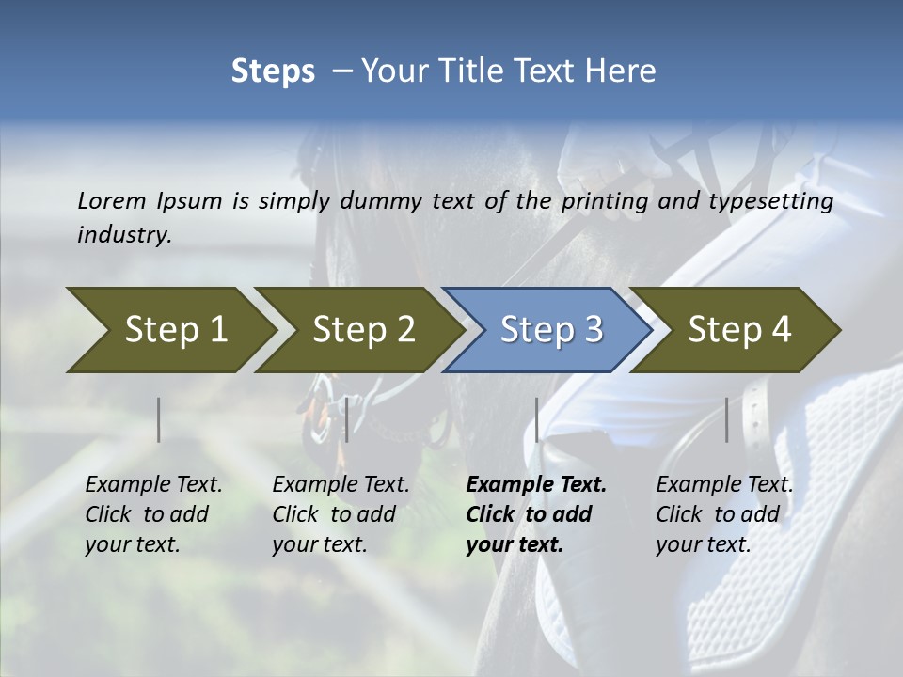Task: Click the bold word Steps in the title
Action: (x=273, y=71)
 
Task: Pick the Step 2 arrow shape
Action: (x=362, y=329)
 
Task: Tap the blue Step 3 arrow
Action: (x=550, y=329)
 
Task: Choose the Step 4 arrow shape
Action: (x=738, y=329)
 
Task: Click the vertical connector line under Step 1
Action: (x=159, y=419)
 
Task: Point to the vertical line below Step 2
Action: (x=347, y=419)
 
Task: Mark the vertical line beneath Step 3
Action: (x=537, y=419)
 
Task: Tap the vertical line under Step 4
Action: (x=727, y=419)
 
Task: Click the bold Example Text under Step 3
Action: (x=536, y=485)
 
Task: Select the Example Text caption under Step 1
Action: (x=153, y=485)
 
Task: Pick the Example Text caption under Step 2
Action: (x=341, y=485)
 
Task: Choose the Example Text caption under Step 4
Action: (x=724, y=485)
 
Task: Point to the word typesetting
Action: (x=775, y=200)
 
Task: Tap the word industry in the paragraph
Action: (x=124, y=234)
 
